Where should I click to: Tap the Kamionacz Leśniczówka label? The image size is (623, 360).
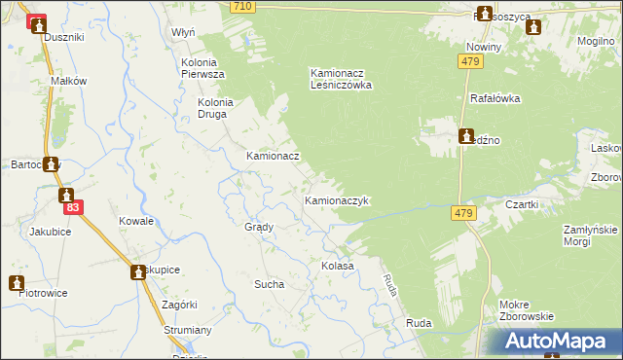[x=342, y=78]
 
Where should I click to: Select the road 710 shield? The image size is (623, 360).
[x=243, y=7]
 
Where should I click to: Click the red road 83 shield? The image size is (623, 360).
[x=72, y=208]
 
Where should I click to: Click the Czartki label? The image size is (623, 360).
[x=523, y=204]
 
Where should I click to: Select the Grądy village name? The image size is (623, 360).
[x=258, y=226]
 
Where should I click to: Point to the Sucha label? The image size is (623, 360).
[x=269, y=284]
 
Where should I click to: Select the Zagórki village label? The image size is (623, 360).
[x=180, y=305]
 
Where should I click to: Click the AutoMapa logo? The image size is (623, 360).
[x=558, y=342]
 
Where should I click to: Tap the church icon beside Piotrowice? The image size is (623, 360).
[x=17, y=282]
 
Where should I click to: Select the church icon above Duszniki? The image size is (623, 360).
[x=37, y=23]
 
